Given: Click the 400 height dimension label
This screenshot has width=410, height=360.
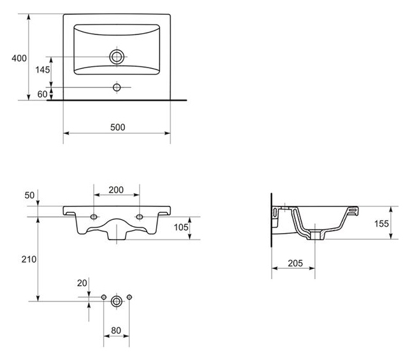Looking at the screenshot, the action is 19,58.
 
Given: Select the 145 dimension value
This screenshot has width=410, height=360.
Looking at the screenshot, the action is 43,69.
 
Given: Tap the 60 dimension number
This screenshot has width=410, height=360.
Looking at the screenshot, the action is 42,94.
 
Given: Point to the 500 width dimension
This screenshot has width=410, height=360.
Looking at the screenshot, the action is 118,127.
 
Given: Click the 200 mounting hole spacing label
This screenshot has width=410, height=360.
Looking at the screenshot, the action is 116,190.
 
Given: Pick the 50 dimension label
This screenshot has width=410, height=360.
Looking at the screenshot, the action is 29,195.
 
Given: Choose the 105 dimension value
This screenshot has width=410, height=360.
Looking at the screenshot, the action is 181,227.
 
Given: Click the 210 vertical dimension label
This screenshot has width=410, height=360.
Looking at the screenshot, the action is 29,259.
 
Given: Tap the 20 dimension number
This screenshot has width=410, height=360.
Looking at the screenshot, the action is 82,283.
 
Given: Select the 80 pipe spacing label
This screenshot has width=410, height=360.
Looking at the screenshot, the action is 116,331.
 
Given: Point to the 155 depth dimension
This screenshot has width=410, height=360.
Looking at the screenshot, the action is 381,224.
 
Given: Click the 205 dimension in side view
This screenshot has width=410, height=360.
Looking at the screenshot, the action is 295,263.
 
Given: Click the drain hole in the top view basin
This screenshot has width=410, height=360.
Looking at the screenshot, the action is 117,57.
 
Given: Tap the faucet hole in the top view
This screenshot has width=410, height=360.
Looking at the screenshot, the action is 117,87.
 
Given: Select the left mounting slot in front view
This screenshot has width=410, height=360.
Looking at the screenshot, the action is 94,217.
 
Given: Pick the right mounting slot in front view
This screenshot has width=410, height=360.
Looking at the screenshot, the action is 140,217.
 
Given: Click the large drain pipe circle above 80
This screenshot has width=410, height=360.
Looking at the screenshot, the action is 116,301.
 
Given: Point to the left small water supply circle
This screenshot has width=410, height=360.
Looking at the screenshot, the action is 103,297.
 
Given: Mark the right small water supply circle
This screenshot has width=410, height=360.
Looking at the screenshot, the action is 129,297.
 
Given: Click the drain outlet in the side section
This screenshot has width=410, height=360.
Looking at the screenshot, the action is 315,235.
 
